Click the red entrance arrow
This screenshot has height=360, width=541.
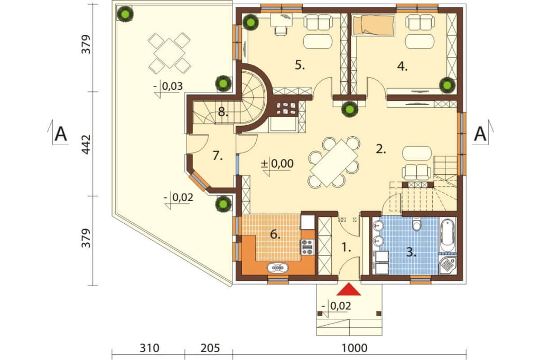click(349, 289)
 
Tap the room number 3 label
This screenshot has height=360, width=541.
click(411, 252)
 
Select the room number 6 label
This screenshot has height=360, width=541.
click(275, 235)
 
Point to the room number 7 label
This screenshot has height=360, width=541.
click(217, 156)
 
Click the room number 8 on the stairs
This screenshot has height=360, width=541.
click(223, 112)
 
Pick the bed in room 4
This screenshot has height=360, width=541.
click(373, 25)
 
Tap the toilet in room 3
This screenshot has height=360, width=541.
click(417, 224)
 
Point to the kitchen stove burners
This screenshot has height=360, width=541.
click(307, 247)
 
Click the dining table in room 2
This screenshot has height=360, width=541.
click(334, 163)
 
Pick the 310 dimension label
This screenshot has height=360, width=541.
click(150, 348)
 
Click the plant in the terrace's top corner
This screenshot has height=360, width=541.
click(125, 14)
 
